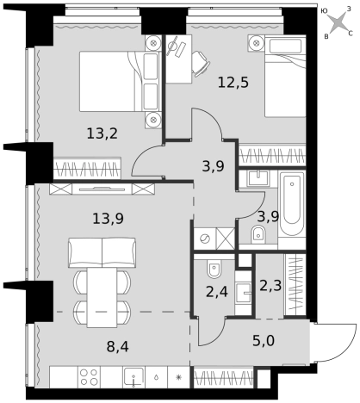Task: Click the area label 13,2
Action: pos(102,133)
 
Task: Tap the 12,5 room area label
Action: pos(233,83)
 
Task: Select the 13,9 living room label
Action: pos(108,219)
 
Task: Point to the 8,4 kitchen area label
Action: pos(118,347)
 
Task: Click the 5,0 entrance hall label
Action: pos(264,341)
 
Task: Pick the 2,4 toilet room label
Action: pos(217,292)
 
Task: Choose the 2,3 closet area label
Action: pos(270,286)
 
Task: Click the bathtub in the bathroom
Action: pos(292,204)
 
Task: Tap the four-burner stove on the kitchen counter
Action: pos(89,377)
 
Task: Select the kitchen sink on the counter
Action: pos(133,376)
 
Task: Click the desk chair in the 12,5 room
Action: pos(201,64)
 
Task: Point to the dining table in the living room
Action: pos(102,298)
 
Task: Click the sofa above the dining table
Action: pos(102,252)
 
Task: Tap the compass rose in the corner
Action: pos(338,23)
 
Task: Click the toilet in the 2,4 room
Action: pos(214,270)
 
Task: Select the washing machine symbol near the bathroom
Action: pos(205,239)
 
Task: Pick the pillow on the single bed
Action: pos(286,46)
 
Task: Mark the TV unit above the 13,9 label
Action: pos(102,189)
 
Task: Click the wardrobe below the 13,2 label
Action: pos(87,169)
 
